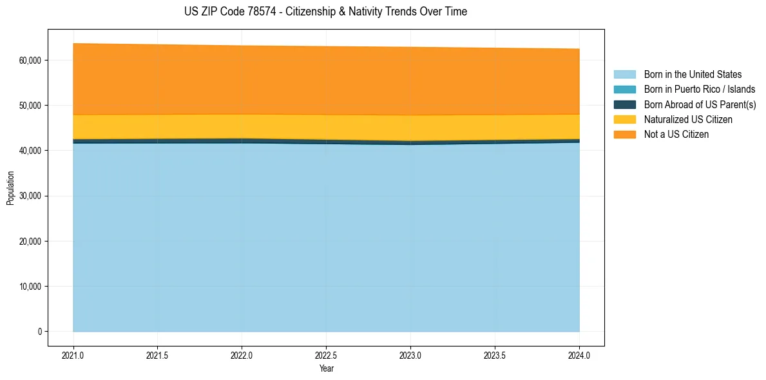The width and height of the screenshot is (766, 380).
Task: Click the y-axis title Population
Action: click(10, 188)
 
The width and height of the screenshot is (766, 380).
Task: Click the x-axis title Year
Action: click(326, 368)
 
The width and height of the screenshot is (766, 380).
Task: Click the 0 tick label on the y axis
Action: click(39, 332)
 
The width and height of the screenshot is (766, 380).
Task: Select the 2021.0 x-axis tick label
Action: click(73, 355)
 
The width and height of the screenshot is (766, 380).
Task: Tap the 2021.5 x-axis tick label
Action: click(157, 355)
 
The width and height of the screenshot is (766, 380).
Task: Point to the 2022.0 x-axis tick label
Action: click(242, 355)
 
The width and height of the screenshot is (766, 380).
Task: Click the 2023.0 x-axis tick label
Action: click(410, 355)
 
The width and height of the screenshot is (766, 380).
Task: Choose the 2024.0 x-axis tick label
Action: click(579, 355)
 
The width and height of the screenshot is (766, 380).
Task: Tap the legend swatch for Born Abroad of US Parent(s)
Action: click(624, 104)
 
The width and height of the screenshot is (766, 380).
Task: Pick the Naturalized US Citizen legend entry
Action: click(688, 120)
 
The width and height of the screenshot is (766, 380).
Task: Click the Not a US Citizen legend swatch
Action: click(624, 134)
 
